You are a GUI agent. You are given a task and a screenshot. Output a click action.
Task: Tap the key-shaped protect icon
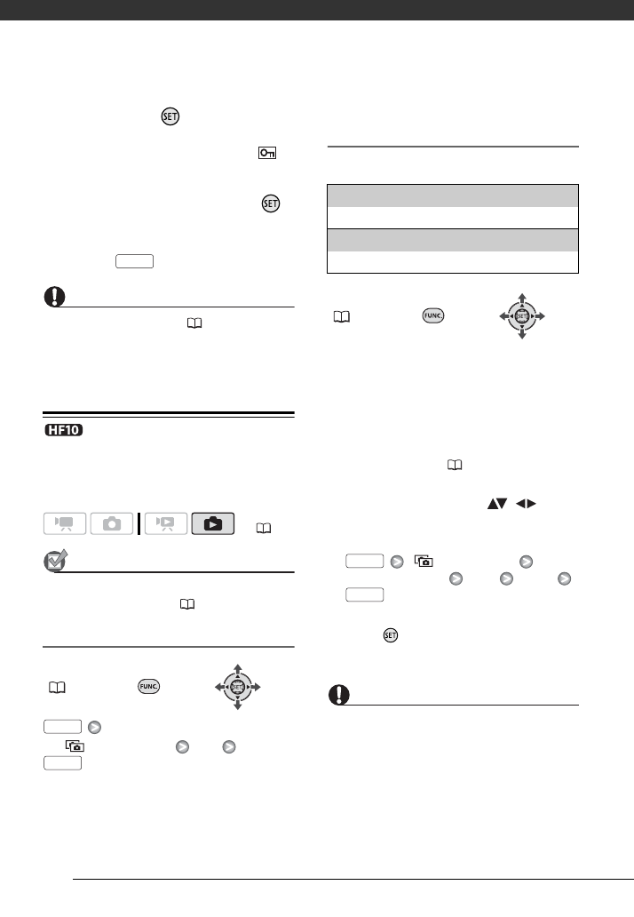tap(268, 154)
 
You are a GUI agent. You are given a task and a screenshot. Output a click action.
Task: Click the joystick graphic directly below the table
tap(522, 316)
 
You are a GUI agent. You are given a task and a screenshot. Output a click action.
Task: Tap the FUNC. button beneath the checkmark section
tap(148, 686)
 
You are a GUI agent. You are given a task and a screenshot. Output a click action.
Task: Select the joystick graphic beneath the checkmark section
tap(237, 686)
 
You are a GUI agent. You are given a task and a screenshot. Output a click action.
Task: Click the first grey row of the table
tap(453, 195)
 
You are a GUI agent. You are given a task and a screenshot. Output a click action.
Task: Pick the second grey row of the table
tap(453, 241)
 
